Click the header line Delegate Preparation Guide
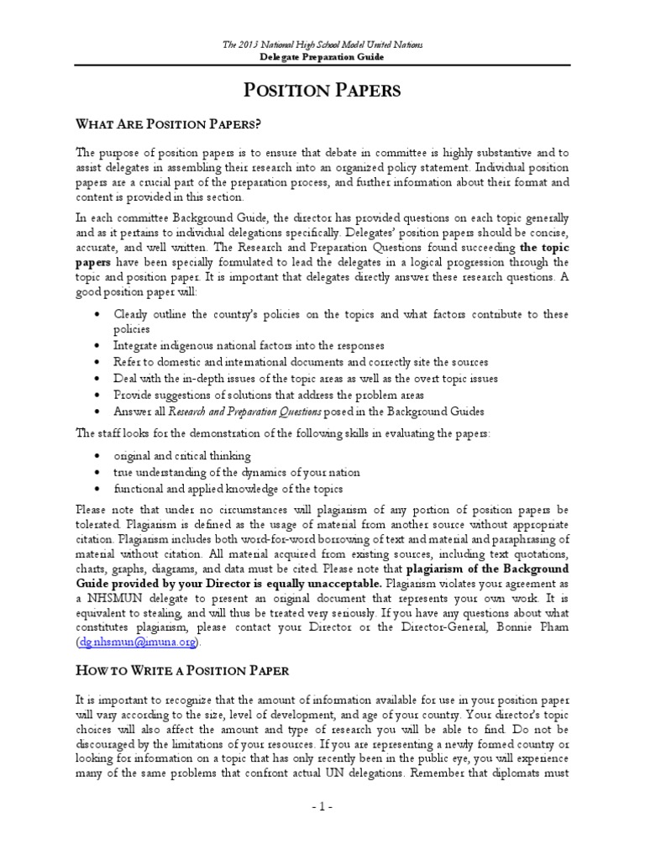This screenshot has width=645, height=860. pyautogui.click(x=322, y=57)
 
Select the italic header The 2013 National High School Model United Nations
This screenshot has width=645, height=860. pyautogui.click(x=322, y=44)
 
